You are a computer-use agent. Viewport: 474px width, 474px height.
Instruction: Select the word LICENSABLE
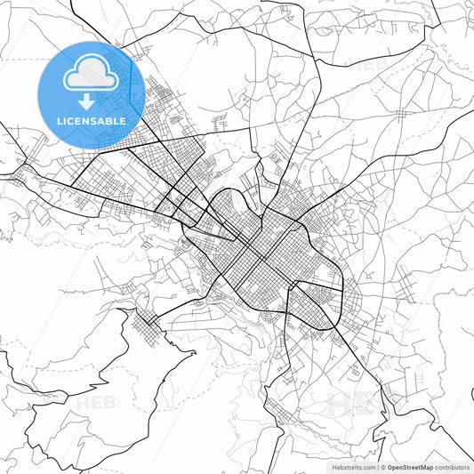click(91, 120)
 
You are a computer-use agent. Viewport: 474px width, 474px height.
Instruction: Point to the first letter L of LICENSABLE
click(60, 120)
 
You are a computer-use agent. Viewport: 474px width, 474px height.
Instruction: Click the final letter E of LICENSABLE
click(123, 120)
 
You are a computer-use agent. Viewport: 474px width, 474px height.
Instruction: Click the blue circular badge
click(91, 93)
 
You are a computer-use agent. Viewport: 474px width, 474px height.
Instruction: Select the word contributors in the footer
click(453, 467)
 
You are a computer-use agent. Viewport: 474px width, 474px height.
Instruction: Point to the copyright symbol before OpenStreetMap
click(383, 467)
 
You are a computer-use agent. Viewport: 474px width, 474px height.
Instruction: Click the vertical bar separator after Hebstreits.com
click(377, 467)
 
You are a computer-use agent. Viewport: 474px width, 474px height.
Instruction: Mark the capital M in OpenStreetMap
click(427, 467)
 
